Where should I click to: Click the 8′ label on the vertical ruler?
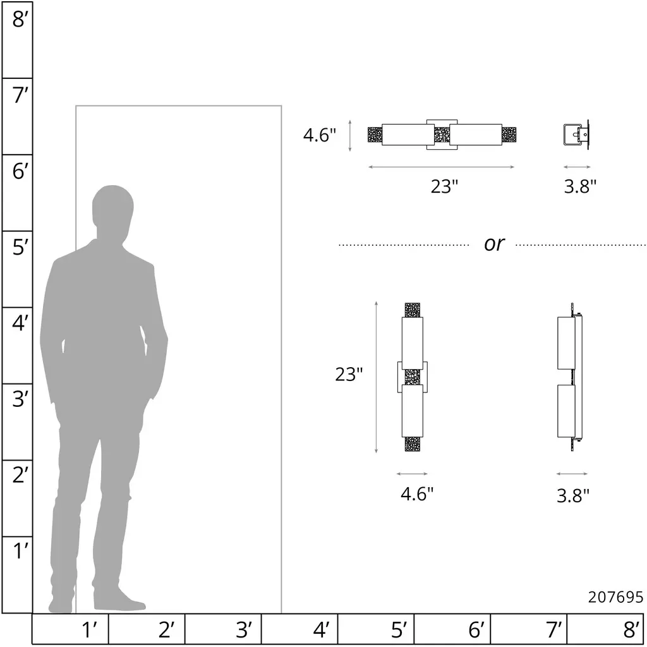20,20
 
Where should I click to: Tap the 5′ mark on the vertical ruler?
20,247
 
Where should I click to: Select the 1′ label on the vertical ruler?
20,551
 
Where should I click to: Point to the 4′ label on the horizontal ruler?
321,630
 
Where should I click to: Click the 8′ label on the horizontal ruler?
631,630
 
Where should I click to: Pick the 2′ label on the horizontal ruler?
166,630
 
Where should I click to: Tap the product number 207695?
615,597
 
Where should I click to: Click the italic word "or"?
493,243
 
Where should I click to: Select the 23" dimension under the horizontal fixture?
444,186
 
